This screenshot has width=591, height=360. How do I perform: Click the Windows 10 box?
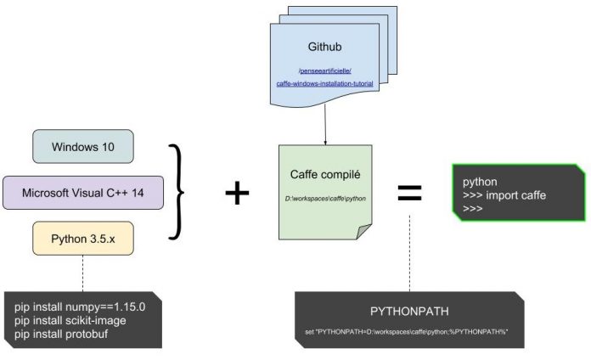[82, 146]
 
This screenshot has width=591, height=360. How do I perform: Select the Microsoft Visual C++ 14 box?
[84, 193]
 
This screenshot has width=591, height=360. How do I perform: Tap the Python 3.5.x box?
[83, 239]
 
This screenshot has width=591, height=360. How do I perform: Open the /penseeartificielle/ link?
[326, 69]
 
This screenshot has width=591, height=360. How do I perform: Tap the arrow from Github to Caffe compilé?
[325, 123]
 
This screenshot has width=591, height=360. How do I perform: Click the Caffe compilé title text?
[326, 174]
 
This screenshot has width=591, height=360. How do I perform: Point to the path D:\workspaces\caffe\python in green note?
[326, 200]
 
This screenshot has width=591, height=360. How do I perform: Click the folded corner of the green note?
[364, 232]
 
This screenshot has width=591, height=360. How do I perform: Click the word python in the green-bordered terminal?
[481, 183]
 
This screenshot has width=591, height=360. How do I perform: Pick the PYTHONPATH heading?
[409, 311]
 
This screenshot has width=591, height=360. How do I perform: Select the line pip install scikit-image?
[70, 318]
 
